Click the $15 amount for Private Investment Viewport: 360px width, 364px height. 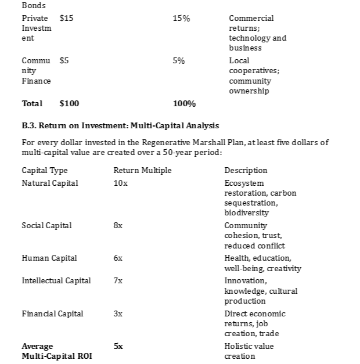tap(67, 19)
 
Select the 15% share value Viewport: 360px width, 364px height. tap(181, 19)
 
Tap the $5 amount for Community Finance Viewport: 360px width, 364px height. tap(64, 60)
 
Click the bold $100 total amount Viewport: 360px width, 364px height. tap(70, 104)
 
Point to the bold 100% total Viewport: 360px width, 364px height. tap(184, 104)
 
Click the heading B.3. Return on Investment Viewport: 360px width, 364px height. tap(120, 125)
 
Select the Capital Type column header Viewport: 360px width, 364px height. tap(45, 170)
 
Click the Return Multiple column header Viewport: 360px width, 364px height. tap(142, 170)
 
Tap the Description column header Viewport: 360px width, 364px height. tap(246, 170)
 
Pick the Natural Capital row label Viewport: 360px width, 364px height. tap(50, 183)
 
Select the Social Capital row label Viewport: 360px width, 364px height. tap(47, 225)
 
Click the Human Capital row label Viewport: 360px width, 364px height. tap(49, 258)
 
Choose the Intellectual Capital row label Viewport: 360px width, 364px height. tap(56, 280)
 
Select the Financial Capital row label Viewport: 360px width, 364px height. tap(52, 313)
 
